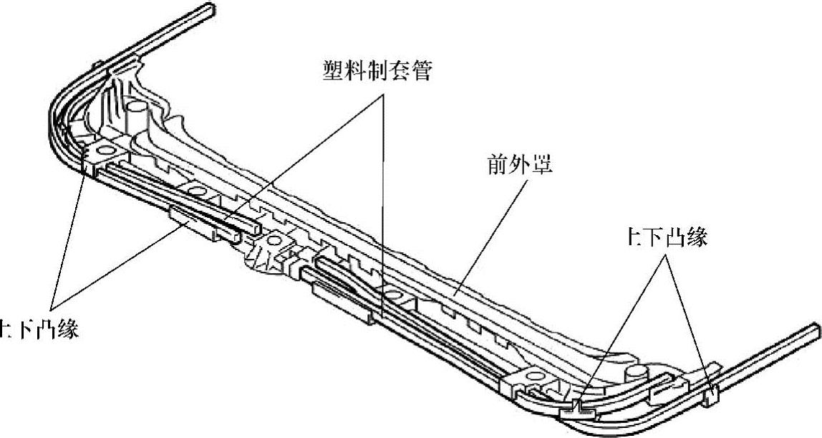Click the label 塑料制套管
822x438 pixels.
(376, 70)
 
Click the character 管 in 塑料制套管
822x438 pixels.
(421, 70)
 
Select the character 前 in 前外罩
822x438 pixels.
(493, 166)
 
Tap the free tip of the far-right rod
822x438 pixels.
(815, 329)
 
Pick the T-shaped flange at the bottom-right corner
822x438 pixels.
(579, 409)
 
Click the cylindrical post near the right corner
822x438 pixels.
(634, 373)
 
